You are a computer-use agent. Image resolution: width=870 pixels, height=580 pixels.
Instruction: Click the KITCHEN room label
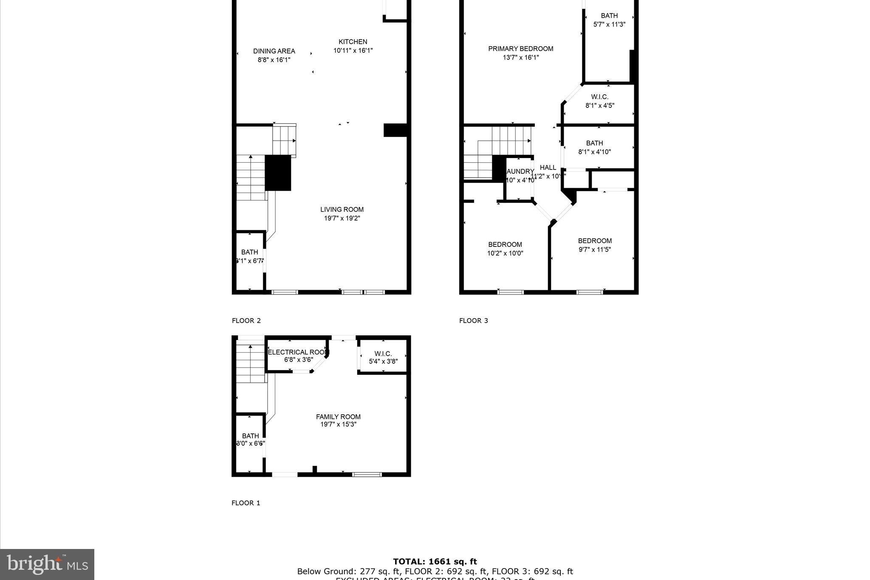tap(353, 42)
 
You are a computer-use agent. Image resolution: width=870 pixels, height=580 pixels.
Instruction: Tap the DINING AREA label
tap(274, 51)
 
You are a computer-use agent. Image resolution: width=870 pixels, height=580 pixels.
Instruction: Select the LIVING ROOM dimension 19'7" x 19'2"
tap(342, 218)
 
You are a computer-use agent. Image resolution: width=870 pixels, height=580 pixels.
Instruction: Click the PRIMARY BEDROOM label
tap(520, 49)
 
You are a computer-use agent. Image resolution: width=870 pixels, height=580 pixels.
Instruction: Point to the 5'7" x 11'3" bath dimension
tap(609, 25)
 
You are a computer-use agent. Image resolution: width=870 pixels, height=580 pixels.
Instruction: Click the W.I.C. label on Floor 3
tap(599, 97)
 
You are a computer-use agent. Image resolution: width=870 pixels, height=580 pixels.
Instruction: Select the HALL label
tap(548, 167)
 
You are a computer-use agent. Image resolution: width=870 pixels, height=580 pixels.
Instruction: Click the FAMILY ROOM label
tap(338, 417)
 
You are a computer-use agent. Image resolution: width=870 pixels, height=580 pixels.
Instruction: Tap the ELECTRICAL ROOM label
tap(298, 352)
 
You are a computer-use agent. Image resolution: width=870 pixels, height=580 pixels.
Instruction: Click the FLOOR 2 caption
tap(246, 321)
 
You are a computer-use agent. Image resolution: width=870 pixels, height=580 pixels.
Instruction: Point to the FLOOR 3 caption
tap(473, 321)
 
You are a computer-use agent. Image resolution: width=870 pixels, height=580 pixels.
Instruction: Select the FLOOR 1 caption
tap(246, 503)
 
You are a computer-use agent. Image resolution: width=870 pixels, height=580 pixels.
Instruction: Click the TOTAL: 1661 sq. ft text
tap(435, 562)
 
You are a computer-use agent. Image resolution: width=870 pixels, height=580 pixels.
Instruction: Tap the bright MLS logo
tap(47, 564)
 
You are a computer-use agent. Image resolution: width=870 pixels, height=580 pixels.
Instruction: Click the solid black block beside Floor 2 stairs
tap(278, 173)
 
